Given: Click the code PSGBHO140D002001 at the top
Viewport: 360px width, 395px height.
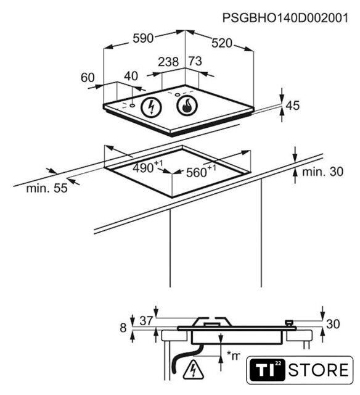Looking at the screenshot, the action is (285, 18).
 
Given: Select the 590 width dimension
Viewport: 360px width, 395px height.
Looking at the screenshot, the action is (143, 38).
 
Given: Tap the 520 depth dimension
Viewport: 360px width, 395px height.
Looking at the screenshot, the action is (222, 43).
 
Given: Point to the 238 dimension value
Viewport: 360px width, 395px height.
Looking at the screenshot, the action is (168, 62).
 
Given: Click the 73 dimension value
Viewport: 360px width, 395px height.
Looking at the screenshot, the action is (195, 61).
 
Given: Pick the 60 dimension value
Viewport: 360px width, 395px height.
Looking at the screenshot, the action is (88, 78).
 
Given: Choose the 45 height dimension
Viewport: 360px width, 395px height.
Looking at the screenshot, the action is (293, 106).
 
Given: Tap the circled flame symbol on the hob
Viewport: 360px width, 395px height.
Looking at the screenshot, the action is (187, 106).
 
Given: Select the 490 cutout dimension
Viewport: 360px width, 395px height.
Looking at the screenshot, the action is (148, 167).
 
